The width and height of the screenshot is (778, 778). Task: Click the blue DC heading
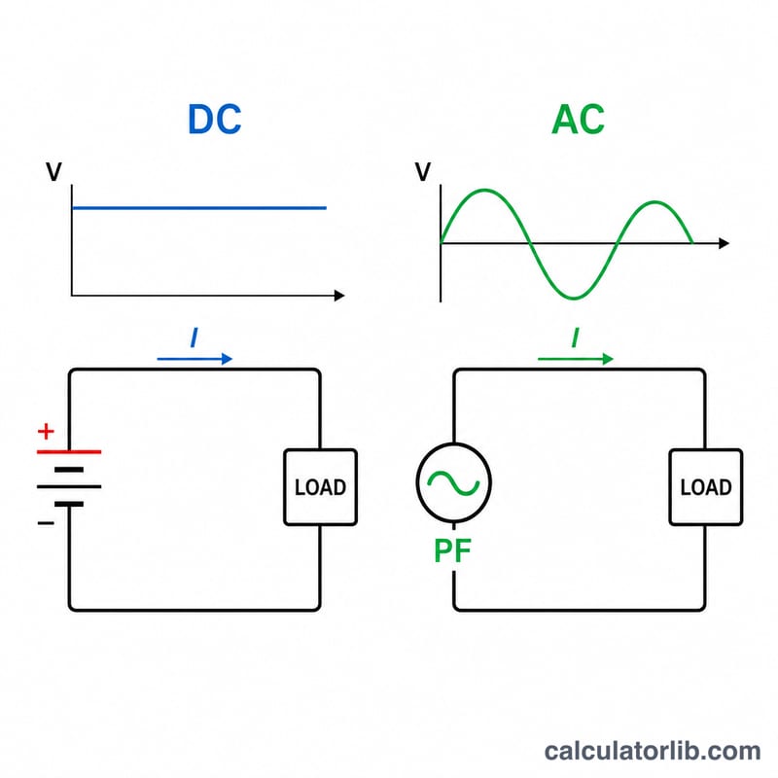(x=214, y=119)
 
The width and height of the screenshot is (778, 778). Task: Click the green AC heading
(x=578, y=119)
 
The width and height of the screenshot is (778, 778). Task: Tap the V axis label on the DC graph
(x=54, y=172)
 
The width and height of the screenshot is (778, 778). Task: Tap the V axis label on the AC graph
(x=423, y=172)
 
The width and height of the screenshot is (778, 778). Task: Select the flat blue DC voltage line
(x=199, y=208)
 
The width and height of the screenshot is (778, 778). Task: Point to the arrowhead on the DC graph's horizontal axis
(x=339, y=296)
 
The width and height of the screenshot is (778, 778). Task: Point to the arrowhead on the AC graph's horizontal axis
(x=724, y=243)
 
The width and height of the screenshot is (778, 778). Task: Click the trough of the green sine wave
(x=574, y=298)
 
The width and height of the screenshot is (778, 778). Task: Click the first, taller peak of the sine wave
(x=484, y=191)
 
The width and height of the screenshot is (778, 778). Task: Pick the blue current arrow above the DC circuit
(x=194, y=359)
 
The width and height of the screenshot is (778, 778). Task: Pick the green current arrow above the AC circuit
(x=576, y=359)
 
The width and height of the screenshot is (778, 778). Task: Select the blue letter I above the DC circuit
(x=194, y=337)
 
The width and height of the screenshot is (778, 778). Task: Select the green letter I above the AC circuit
(x=575, y=337)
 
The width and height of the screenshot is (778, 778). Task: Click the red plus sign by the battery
(x=46, y=431)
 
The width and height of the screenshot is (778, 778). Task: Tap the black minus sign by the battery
(x=46, y=523)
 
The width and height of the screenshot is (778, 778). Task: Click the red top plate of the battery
(x=69, y=452)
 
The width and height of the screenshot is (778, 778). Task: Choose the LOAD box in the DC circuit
(x=321, y=487)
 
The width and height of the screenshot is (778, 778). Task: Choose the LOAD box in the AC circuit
(x=706, y=487)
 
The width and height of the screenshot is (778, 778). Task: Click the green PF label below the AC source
(x=452, y=550)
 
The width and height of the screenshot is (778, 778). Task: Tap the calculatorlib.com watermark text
(x=653, y=751)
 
